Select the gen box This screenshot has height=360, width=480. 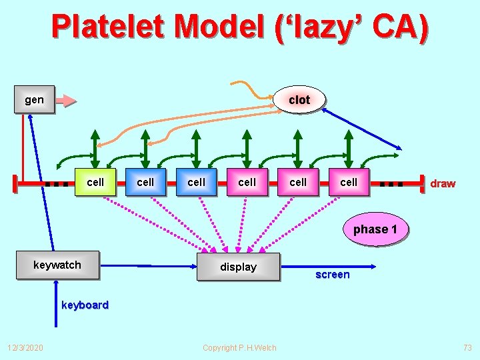[35, 100]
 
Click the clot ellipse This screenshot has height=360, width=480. [299, 99]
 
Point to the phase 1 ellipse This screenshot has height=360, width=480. [375, 229]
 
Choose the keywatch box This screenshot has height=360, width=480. [57, 265]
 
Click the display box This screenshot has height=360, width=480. [238, 267]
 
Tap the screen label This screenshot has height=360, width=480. [333, 275]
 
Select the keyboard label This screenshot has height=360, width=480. [85, 305]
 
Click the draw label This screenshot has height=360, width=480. [443, 183]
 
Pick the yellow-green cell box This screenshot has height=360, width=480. [95, 182]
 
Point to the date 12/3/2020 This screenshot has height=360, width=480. [26, 348]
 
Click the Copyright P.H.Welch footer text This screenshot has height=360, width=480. [239, 348]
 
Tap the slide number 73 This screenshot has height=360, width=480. [467, 348]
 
